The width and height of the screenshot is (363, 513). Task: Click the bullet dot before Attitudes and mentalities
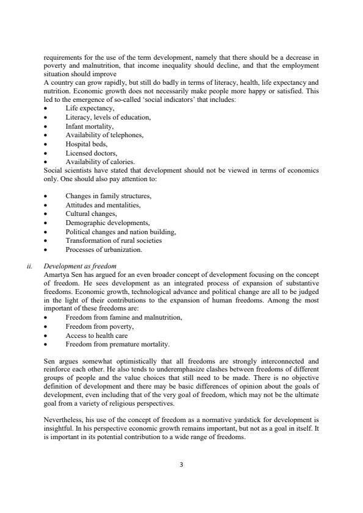click(46, 206)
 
